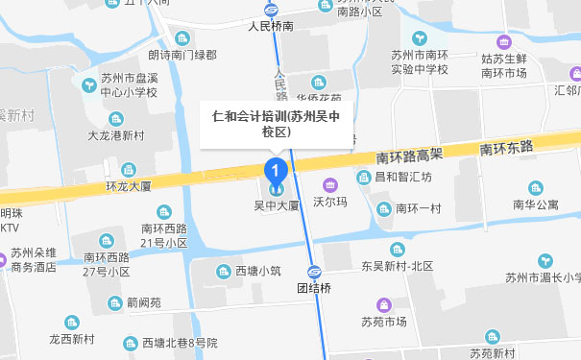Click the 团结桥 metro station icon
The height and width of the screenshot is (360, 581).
[x=315, y=271]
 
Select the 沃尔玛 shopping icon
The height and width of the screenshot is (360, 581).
[x=330, y=185]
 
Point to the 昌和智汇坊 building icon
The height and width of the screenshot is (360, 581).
[x=363, y=178]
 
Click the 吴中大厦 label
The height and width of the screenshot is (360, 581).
[x=277, y=205]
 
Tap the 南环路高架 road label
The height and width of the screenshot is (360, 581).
[x=410, y=154]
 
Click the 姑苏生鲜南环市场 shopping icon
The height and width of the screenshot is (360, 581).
[x=504, y=42]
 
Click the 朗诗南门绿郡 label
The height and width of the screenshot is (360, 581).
[x=182, y=56]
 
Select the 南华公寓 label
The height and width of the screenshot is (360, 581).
[x=535, y=204]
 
